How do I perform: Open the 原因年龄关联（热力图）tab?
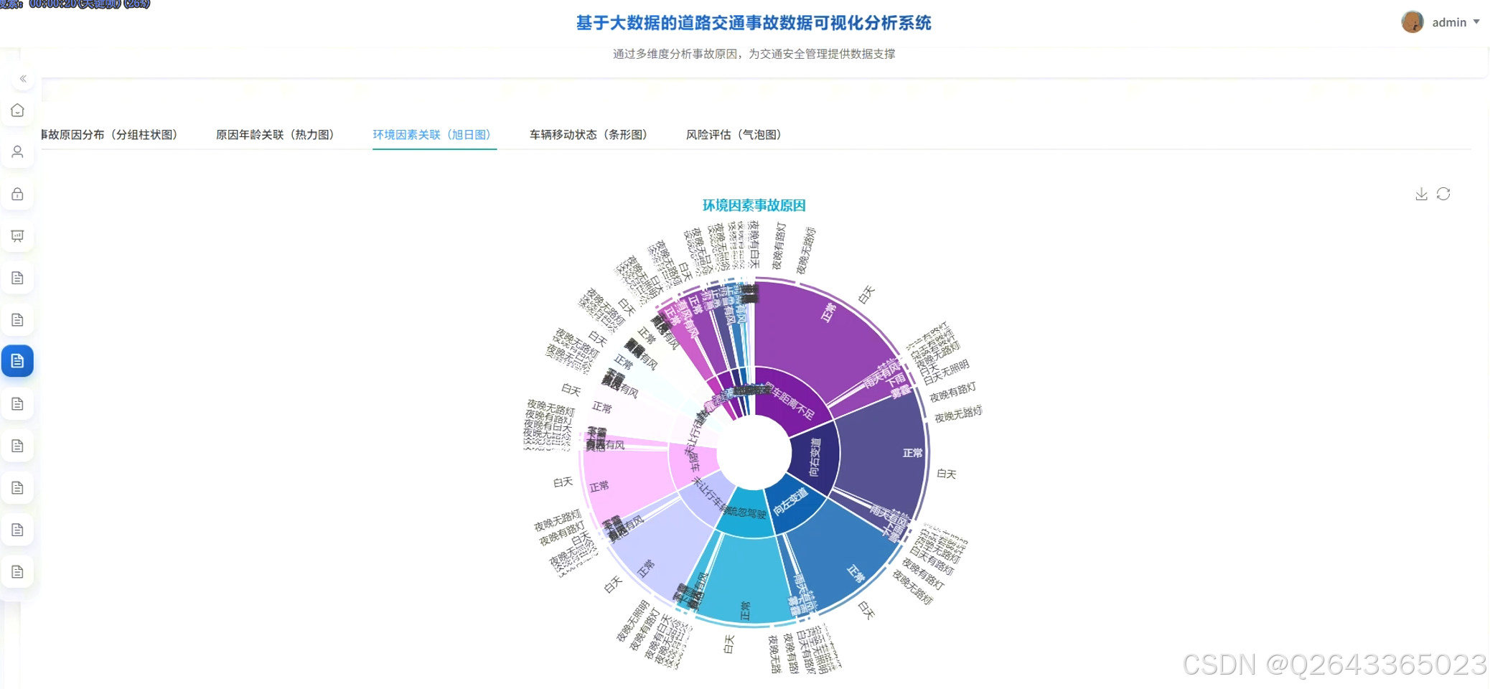(275, 135)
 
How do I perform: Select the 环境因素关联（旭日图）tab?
(431, 135)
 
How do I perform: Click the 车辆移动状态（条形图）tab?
(588, 135)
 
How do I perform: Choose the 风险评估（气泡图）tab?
(733, 135)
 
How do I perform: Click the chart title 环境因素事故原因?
(754, 205)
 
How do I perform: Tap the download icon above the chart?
(1421, 194)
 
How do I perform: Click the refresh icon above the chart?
(1443, 194)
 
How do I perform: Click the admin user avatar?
(1412, 22)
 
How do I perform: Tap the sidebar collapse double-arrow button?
(23, 79)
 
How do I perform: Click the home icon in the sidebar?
(18, 111)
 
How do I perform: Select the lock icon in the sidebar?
(18, 194)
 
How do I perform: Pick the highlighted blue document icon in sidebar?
(18, 361)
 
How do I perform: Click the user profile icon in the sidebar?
(18, 152)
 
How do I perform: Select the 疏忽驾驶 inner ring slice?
(746, 512)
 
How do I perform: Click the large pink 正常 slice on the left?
(624, 481)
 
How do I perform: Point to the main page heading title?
(754, 23)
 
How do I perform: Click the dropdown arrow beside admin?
(1476, 22)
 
